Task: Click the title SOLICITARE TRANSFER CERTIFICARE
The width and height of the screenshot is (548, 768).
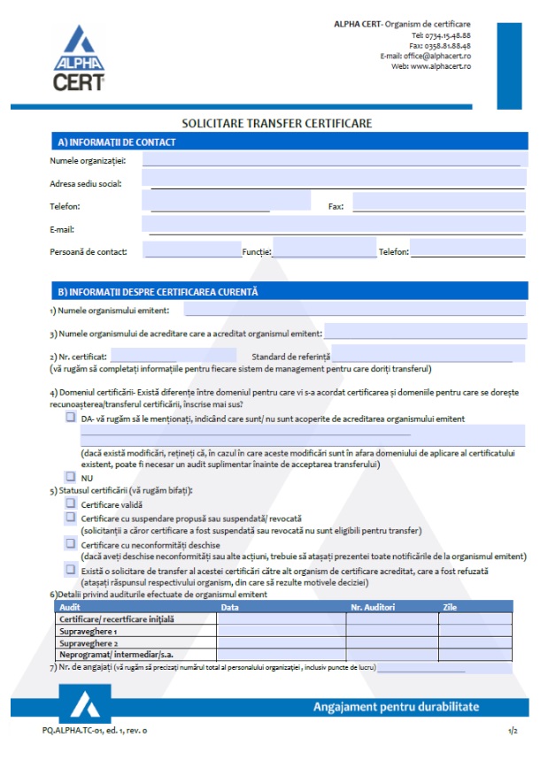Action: click(276, 123)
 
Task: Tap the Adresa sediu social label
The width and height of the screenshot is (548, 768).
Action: click(86, 183)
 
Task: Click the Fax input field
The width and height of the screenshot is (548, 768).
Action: click(438, 204)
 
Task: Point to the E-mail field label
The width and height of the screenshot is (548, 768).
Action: click(62, 229)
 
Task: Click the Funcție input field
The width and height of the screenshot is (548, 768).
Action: click(324, 250)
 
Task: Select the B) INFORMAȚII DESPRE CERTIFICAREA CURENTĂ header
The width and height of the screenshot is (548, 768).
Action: click(158, 291)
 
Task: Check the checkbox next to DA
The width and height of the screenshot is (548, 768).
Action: click(71, 418)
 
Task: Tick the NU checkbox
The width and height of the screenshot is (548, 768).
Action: click(71, 476)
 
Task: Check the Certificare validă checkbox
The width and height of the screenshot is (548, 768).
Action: click(71, 503)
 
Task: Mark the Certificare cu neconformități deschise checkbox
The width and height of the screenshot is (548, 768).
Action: click(71, 544)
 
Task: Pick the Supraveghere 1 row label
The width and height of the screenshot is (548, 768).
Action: click(89, 632)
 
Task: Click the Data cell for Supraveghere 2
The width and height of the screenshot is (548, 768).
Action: click(281, 643)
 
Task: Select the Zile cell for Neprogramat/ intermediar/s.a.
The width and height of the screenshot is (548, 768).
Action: click(475, 655)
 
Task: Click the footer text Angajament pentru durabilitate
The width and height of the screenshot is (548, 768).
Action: click(396, 707)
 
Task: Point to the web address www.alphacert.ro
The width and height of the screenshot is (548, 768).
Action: click(440, 66)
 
